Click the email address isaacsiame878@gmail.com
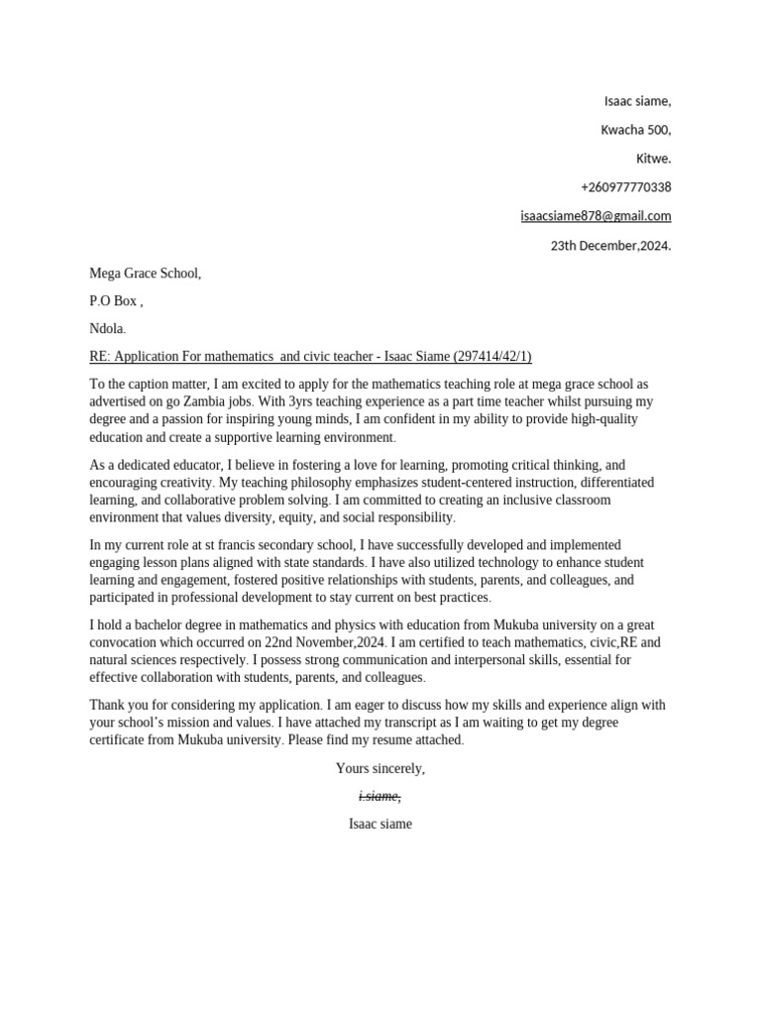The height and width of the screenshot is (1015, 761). coord(596,216)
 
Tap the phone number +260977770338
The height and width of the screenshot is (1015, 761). coord(625,187)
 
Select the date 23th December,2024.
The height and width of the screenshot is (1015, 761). coord(610,246)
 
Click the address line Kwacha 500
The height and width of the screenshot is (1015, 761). coord(636,130)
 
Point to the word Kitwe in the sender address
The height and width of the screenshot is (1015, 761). coord(652,159)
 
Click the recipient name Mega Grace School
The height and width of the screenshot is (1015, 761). coord(145,274)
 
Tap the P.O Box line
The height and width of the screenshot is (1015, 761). coord(116,301)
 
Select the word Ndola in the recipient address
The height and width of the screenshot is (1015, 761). coord(106,329)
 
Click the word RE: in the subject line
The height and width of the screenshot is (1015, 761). coord(101,357)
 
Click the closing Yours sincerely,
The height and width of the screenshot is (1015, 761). coord(380,768)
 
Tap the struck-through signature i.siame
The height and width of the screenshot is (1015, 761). coord(380,796)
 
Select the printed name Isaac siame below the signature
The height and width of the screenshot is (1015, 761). coord(380,824)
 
